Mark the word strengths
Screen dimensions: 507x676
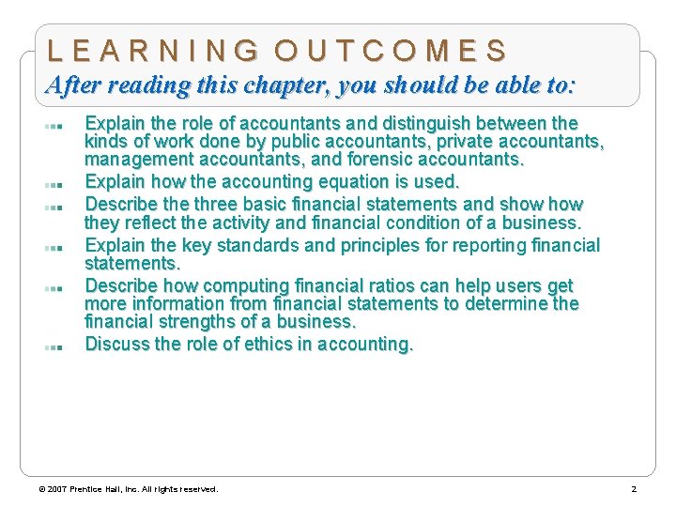[x=200, y=322]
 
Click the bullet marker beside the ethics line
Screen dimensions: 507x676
[x=53, y=346]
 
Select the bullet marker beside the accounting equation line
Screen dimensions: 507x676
[x=53, y=183]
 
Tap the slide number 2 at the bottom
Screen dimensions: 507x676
[x=634, y=489]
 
